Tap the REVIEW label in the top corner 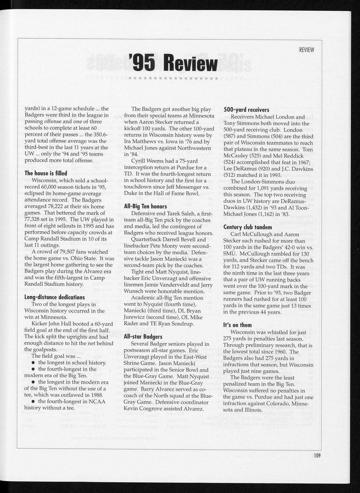[x=306, y=50]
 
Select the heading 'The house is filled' [x=46, y=173]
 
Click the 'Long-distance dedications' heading [x=54, y=297]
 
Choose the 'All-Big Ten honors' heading [x=145, y=206]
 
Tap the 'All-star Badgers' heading [x=143, y=337]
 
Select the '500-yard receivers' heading [x=246, y=110]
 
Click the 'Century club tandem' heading [x=247, y=227]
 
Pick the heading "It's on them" [x=237, y=325]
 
